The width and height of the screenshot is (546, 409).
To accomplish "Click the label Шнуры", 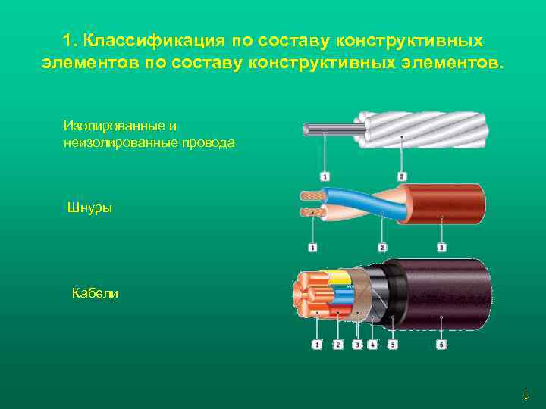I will (89, 208).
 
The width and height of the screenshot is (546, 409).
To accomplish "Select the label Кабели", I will (95, 293).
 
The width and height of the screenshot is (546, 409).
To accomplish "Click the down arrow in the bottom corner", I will (525, 394).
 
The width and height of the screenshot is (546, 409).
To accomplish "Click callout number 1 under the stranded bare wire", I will (325, 176).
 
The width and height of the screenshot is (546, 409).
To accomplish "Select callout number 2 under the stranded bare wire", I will (401, 176).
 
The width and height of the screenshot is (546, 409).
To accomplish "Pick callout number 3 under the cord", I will (442, 247).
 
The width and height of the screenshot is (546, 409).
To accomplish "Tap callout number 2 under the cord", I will (382, 247).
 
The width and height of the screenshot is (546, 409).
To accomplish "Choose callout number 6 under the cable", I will (442, 345).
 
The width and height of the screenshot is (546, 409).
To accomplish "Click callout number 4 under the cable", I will (372, 345).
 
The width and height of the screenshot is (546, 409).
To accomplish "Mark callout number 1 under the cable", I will (316, 345).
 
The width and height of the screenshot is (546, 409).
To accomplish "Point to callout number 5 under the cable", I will (392, 345).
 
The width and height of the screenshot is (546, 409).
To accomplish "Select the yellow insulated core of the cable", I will (337, 276).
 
